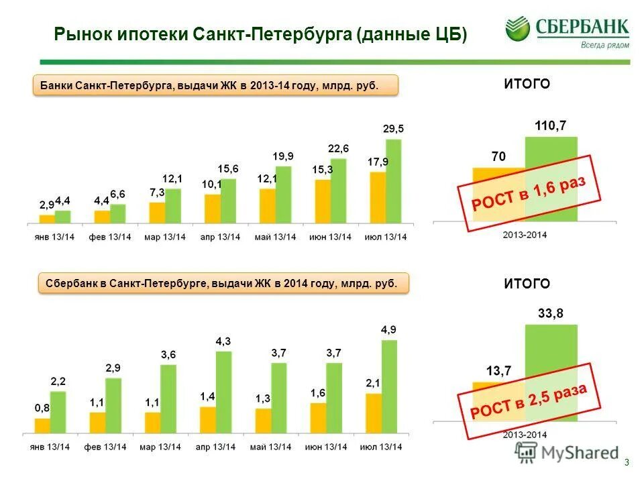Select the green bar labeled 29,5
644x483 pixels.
[393, 181]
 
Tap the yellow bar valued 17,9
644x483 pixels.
[378, 198]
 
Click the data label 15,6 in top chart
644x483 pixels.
[228, 168]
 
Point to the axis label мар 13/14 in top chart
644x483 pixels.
[164, 237]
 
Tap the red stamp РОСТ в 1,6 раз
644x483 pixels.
[527, 195]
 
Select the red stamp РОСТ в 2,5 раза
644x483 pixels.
[527, 400]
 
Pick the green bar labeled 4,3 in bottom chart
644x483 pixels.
[223, 392]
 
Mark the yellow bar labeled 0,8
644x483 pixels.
[42, 426]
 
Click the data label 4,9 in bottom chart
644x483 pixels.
[389, 329]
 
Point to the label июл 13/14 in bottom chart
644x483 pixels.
[381, 447]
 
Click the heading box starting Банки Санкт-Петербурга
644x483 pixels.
[215, 86]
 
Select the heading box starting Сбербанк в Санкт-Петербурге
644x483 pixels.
[221, 284]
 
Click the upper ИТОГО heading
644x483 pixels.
[527, 84]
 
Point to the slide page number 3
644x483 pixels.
[626, 462]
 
